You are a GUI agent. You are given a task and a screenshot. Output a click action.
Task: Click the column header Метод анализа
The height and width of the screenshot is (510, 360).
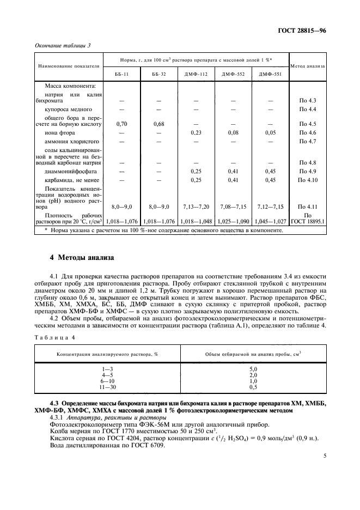click(x=307, y=65)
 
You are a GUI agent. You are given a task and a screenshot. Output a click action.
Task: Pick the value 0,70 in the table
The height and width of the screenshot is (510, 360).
click(x=121, y=124)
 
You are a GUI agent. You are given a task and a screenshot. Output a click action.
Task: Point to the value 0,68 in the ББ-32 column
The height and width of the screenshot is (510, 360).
click(x=159, y=124)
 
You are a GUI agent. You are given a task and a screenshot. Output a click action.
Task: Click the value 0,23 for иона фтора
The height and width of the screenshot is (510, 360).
click(x=196, y=132)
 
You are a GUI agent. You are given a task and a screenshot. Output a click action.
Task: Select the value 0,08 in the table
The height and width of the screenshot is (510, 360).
click(x=233, y=132)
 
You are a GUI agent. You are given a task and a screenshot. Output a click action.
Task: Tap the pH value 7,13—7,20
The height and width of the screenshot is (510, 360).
click(x=196, y=207)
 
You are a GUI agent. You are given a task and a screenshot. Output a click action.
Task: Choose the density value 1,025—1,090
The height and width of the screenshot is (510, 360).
click(x=233, y=222)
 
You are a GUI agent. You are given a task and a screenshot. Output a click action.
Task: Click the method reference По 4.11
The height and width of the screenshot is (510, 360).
click(x=308, y=207)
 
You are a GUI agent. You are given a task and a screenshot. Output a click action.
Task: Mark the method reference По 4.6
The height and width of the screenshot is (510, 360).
click(x=308, y=132)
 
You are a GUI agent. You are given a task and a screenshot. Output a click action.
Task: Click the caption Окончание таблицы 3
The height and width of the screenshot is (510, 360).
click(x=62, y=46)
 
